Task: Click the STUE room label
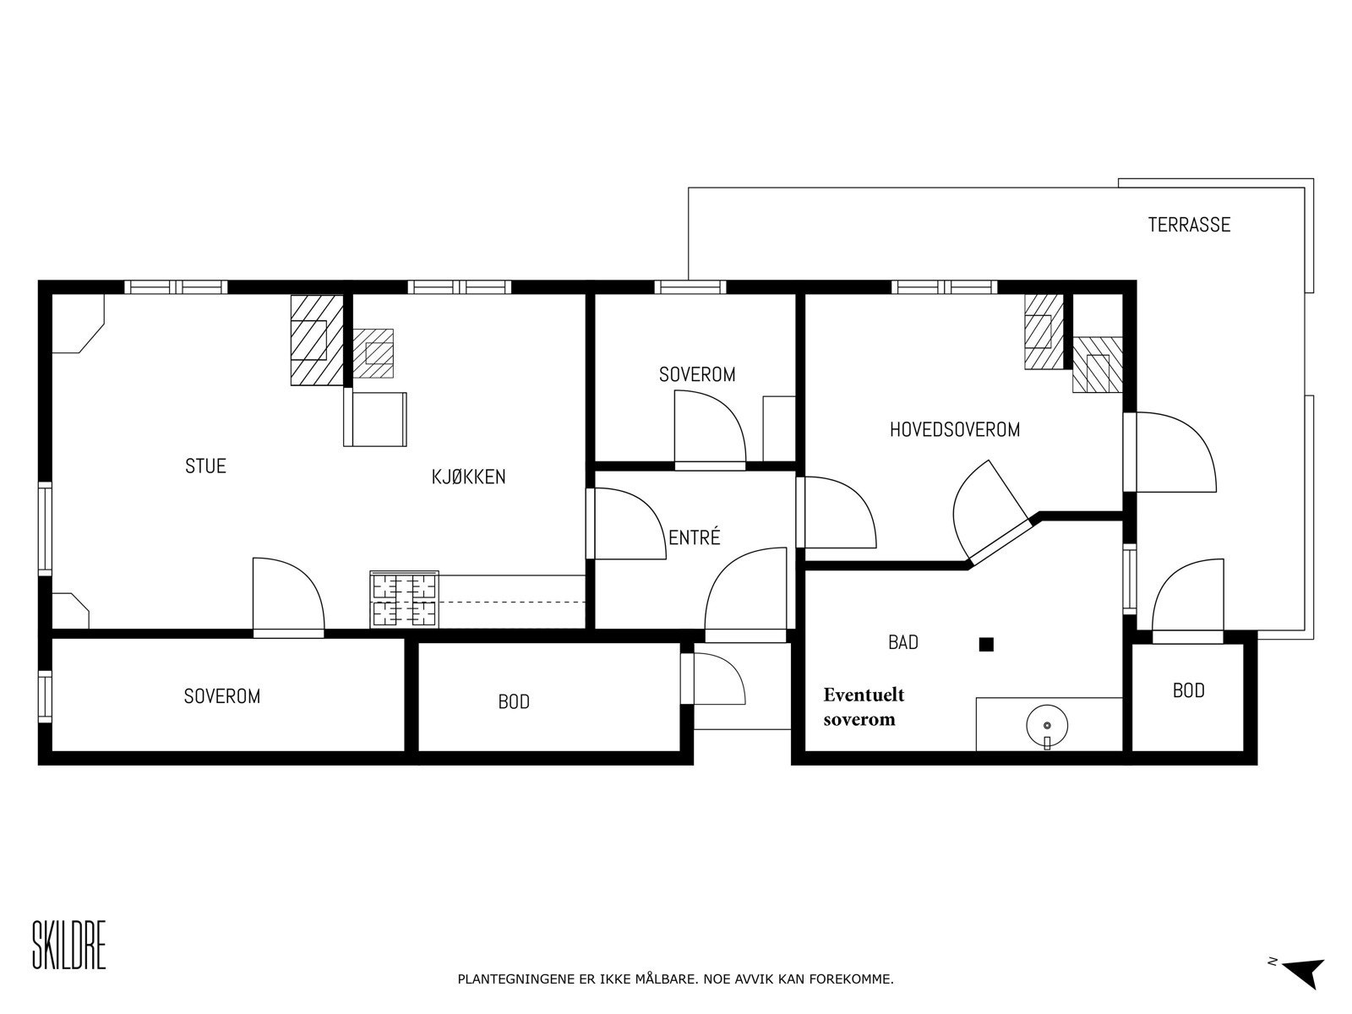[x=205, y=466]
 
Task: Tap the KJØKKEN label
[x=468, y=477]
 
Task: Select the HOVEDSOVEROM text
[x=954, y=429]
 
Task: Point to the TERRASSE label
[x=1188, y=225]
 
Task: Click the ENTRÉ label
[x=694, y=537]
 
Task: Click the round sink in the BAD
[x=1047, y=725]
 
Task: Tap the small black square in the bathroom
[x=985, y=645]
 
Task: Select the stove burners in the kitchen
[x=404, y=599]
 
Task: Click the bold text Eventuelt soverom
[x=863, y=706]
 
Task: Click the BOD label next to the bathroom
[x=1188, y=690]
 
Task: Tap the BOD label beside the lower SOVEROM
[x=513, y=701]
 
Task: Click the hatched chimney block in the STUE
[x=315, y=340]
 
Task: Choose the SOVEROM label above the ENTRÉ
[x=696, y=374]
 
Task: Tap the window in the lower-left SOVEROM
[x=45, y=696]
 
